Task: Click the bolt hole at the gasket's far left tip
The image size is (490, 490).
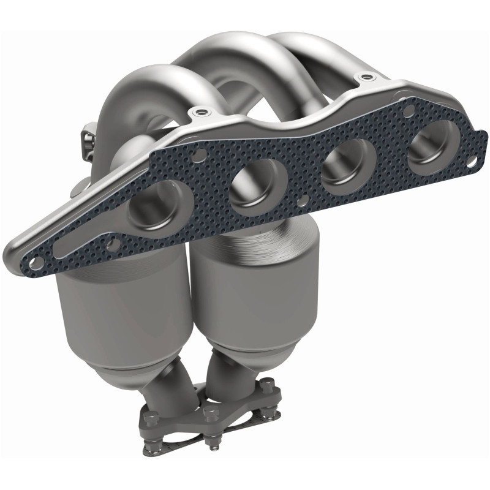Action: click(36, 263)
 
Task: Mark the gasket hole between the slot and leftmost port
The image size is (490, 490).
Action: click(113, 245)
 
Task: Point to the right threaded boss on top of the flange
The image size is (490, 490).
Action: click(366, 78)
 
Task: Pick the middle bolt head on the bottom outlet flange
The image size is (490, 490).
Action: click(211, 412)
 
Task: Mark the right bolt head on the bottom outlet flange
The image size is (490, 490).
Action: click(268, 387)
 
